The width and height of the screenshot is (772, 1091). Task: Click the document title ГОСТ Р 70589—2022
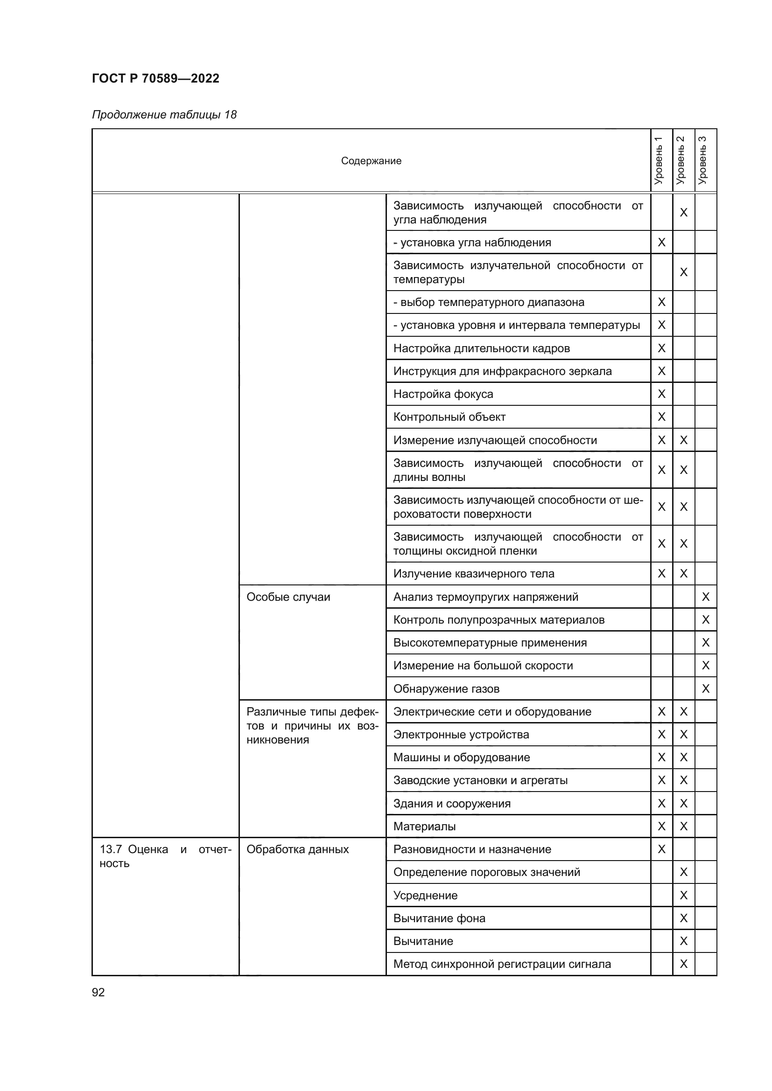[x=155, y=78]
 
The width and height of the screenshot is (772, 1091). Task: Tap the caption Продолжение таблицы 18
[x=164, y=115]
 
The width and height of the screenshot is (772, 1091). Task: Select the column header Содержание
[x=371, y=160]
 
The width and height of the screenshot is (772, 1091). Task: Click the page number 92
[x=98, y=992]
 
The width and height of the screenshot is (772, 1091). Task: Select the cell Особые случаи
[x=288, y=597]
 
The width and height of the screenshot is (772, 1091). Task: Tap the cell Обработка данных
[x=298, y=849]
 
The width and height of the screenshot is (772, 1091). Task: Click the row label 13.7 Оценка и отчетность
[x=165, y=856]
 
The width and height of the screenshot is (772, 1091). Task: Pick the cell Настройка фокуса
[x=443, y=394]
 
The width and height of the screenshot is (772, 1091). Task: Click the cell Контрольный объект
[x=449, y=417]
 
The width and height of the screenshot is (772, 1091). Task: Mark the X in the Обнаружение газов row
[x=705, y=688]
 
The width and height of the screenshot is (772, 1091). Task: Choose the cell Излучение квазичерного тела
[x=473, y=574]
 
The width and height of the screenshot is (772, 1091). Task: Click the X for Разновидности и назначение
[x=661, y=849]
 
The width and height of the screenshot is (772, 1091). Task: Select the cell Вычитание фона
[x=439, y=918]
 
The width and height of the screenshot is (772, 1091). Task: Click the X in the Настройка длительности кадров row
[x=661, y=348]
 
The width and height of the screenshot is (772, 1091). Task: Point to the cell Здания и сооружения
[x=452, y=804]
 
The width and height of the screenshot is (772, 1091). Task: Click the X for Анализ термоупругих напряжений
[x=705, y=597]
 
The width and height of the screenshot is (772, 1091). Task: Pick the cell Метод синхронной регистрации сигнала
[x=502, y=964]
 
